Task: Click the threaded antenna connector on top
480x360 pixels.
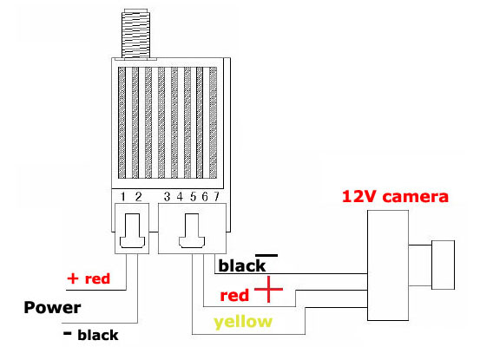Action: [136, 34]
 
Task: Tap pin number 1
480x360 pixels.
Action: [123, 197]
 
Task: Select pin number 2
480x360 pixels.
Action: [138, 197]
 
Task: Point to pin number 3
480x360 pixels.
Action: [167, 197]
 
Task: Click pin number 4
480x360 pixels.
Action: [180, 197]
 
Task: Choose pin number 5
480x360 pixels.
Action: [193, 197]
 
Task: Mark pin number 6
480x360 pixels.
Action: [205, 197]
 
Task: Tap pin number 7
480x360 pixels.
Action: [216, 197]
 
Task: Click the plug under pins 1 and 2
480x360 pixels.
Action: [132, 228]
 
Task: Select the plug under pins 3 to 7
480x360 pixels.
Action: [192, 228]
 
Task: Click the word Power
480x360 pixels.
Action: [52, 308]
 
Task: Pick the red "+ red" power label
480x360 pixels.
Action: [89, 278]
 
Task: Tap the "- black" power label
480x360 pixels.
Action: [90, 335]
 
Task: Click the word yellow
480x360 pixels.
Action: [243, 323]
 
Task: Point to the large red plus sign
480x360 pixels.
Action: [268, 289]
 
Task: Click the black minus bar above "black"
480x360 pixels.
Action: [266, 255]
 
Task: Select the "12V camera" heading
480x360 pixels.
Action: [395, 196]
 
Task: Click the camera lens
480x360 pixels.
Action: [443, 265]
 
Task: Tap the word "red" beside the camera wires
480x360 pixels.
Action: [234, 296]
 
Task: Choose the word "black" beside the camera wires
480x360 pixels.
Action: [242, 265]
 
